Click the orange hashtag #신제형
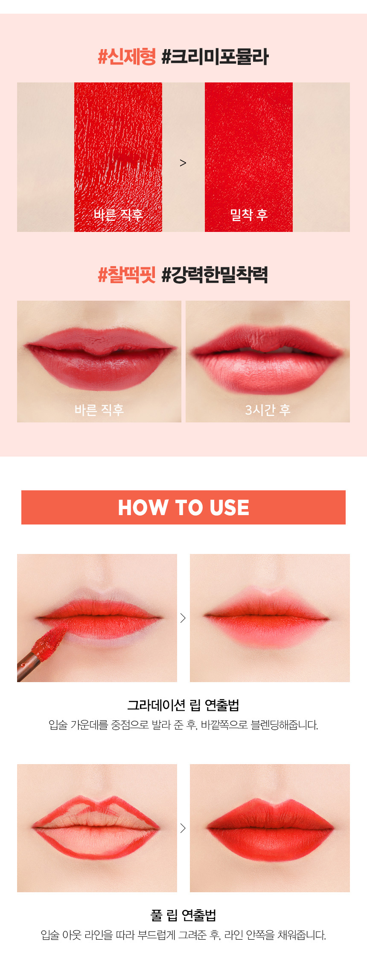(127, 57)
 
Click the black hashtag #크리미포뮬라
(215, 57)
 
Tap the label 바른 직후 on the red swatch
(118, 214)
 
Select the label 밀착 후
(249, 214)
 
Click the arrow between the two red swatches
(183, 163)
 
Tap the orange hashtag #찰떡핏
(127, 275)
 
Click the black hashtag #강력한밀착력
(215, 275)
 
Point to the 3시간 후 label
(268, 410)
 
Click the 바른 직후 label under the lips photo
(99, 410)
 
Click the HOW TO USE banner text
(183, 507)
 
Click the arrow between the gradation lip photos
(183, 618)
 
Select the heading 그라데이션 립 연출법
(183, 705)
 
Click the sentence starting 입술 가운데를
(183, 725)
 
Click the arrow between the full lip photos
(183, 828)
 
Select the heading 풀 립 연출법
(183, 915)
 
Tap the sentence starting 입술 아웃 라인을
(183, 935)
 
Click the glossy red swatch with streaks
(118, 157)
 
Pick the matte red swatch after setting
(249, 157)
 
